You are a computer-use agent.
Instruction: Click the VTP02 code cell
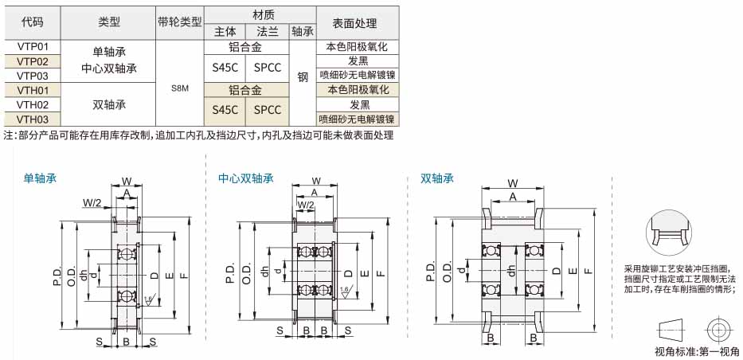pyautogui.click(x=33, y=61)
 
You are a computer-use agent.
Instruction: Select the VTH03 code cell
pyautogui.click(x=33, y=119)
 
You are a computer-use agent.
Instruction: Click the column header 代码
pyautogui.click(x=33, y=22)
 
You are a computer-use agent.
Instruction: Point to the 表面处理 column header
pyautogui.click(x=358, y=23)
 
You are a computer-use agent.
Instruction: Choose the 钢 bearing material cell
pyautogui.click(x=303, y=76)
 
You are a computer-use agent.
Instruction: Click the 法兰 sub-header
pyautogui.click(x=267, y=31)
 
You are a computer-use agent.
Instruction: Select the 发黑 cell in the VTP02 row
pyautogui.click(x=358, y=61)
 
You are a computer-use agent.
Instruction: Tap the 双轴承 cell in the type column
pyautogui.click(x=109, y=104)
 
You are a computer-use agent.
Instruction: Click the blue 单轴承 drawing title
pyautogui.click(x=41, y=178)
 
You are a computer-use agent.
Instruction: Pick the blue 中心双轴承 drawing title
pyautogui.click(x=246, y=178)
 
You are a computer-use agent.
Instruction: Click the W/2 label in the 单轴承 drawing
pyautogui.click(x=92, y=203)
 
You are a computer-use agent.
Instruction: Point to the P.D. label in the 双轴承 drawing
pyautogui.click(x=430, y=272)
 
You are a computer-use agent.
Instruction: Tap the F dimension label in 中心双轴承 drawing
pyautogui.click(x=381, y=273)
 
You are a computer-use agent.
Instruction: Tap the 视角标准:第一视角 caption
pyautogui.click(x=697, y=351)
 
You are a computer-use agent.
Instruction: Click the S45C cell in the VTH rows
pyautogui.click(x=225, y=110)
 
